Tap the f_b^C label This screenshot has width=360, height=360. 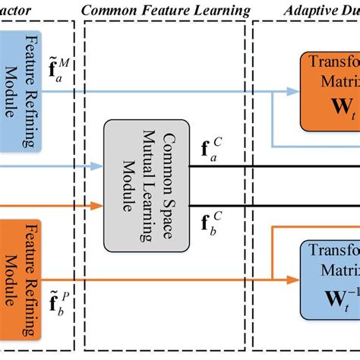213,223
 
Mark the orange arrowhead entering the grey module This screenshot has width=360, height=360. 98,204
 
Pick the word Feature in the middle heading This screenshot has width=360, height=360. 163,10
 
